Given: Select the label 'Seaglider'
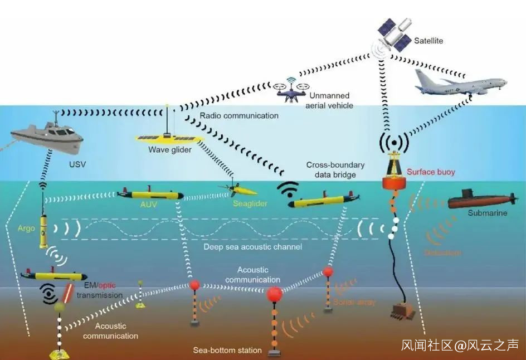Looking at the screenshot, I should (250, 204).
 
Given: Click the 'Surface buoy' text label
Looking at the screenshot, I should (431, 172).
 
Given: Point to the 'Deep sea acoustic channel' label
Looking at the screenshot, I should (252, 247).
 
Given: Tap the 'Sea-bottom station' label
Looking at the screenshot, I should (227, 351).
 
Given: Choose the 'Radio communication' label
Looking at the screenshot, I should (238, 116).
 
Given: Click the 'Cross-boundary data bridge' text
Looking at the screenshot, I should (335, 170).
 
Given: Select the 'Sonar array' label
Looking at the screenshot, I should (354, 302).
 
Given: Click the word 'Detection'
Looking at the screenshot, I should (442, 253).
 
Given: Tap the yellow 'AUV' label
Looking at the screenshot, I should (148, 204).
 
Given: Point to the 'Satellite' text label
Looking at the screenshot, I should (428, 41).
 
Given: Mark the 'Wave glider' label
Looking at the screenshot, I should (170, 150).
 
